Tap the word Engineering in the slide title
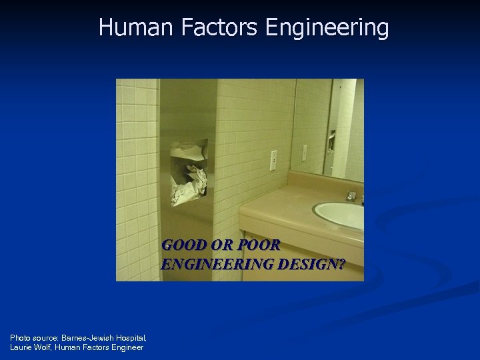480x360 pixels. [x=327, y=28]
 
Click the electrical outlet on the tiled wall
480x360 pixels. [x=273, y=161]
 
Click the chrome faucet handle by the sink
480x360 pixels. [x=351, y=196]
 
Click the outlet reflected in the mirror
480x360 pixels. [x=305, y=152]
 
